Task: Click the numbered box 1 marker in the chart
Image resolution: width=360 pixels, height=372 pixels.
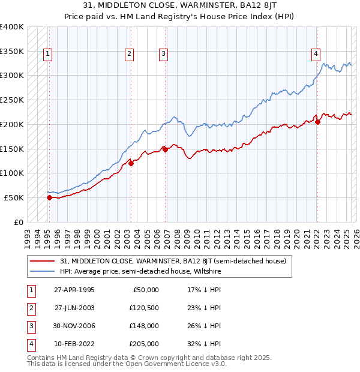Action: point(47,54)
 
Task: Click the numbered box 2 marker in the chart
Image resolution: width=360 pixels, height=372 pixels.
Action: point(129,54)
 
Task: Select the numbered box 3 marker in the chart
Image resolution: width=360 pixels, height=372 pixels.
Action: point(163,54)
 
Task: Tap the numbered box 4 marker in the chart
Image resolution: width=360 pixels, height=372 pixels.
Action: point(316,54)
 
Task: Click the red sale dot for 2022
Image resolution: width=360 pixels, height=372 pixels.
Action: point(318,122)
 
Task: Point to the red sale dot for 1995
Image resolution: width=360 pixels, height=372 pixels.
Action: point(49,197)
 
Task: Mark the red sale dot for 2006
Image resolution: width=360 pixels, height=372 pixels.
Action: point(165,149)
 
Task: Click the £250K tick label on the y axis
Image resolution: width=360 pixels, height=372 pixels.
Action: point(12,100)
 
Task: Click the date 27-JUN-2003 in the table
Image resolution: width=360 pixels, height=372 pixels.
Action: point(74,308)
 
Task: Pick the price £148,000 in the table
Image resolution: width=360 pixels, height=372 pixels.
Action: point(145,326)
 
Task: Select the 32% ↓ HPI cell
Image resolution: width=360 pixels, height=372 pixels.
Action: point(205,344)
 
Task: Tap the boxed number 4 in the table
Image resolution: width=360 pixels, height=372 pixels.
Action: point(29,344)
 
